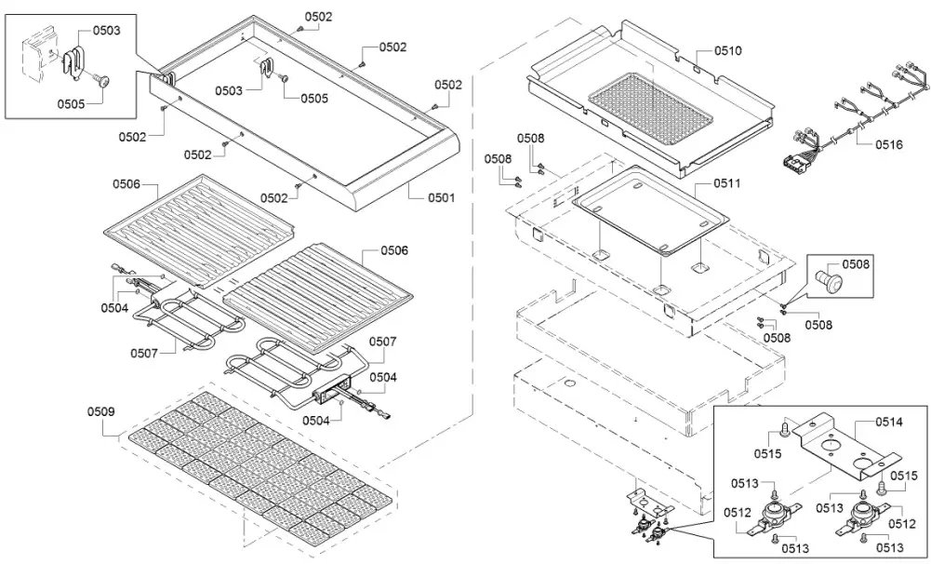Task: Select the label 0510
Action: [x=728, y=51]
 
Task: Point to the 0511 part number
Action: [x=728, y=184]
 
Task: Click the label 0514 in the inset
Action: [x=888, y=423]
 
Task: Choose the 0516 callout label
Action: [x=888, y=145]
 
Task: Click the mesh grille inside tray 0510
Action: [x=651, y=102]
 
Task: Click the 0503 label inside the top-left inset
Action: [x=107, y=31]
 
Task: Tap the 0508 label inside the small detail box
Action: [x=857, y=264]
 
